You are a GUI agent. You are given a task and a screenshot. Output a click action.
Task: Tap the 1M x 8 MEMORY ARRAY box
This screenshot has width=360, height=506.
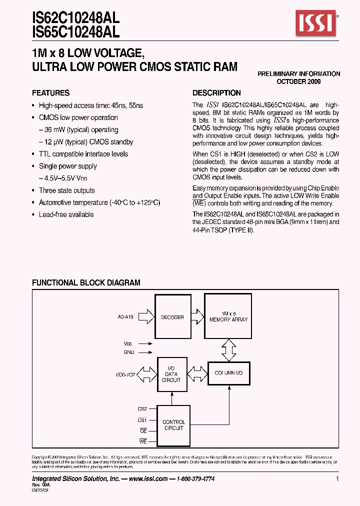tap(228, 316)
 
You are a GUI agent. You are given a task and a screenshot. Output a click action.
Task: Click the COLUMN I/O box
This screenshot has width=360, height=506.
tap(228, 373)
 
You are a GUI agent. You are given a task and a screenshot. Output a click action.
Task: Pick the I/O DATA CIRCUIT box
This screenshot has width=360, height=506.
tap(171, 373)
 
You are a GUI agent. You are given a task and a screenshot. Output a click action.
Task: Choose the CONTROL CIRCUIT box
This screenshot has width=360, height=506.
tap(173, 425)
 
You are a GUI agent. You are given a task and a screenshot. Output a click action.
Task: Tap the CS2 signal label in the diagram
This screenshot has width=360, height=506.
tap(142, 408)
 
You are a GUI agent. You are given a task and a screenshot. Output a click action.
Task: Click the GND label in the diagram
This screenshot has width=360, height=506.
tap(129, 352)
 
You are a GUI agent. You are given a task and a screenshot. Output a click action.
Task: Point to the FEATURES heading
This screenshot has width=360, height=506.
tap(50, 93)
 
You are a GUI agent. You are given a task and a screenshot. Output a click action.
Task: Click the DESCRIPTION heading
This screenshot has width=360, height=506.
tap(216, 93)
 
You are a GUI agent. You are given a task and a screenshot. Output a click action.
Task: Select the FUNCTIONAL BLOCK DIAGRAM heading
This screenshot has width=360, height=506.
tap(86, 283)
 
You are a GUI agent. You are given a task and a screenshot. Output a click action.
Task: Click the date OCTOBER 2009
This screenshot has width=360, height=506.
tap(298, 81)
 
